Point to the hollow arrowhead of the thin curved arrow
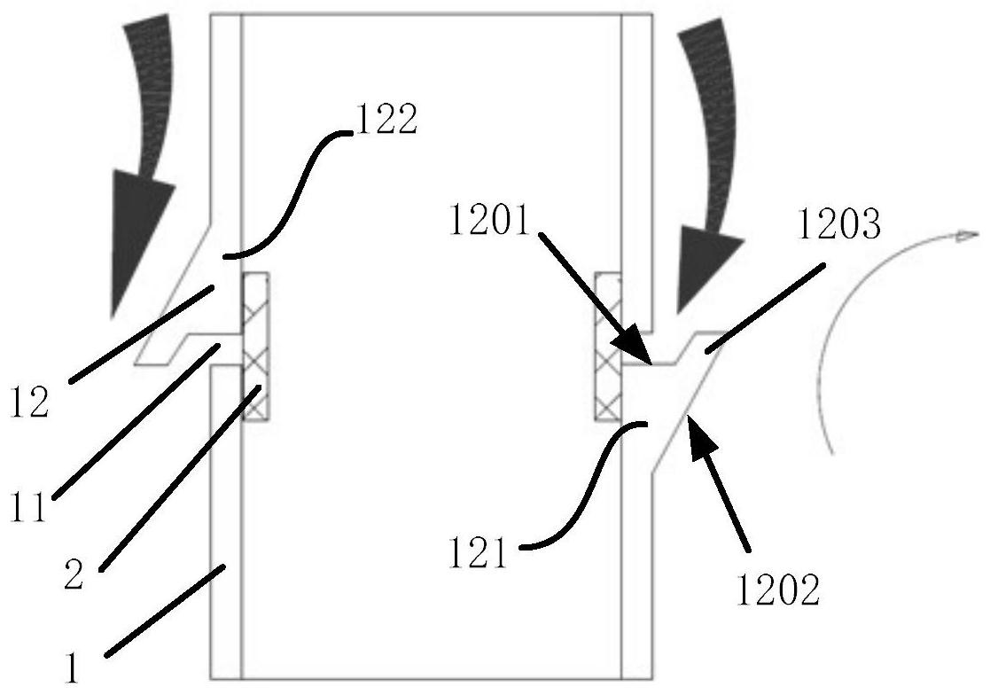click(x=966, y=236)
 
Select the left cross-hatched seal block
click(x=254, y=346)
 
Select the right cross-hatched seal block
click(x=608, y=346)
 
